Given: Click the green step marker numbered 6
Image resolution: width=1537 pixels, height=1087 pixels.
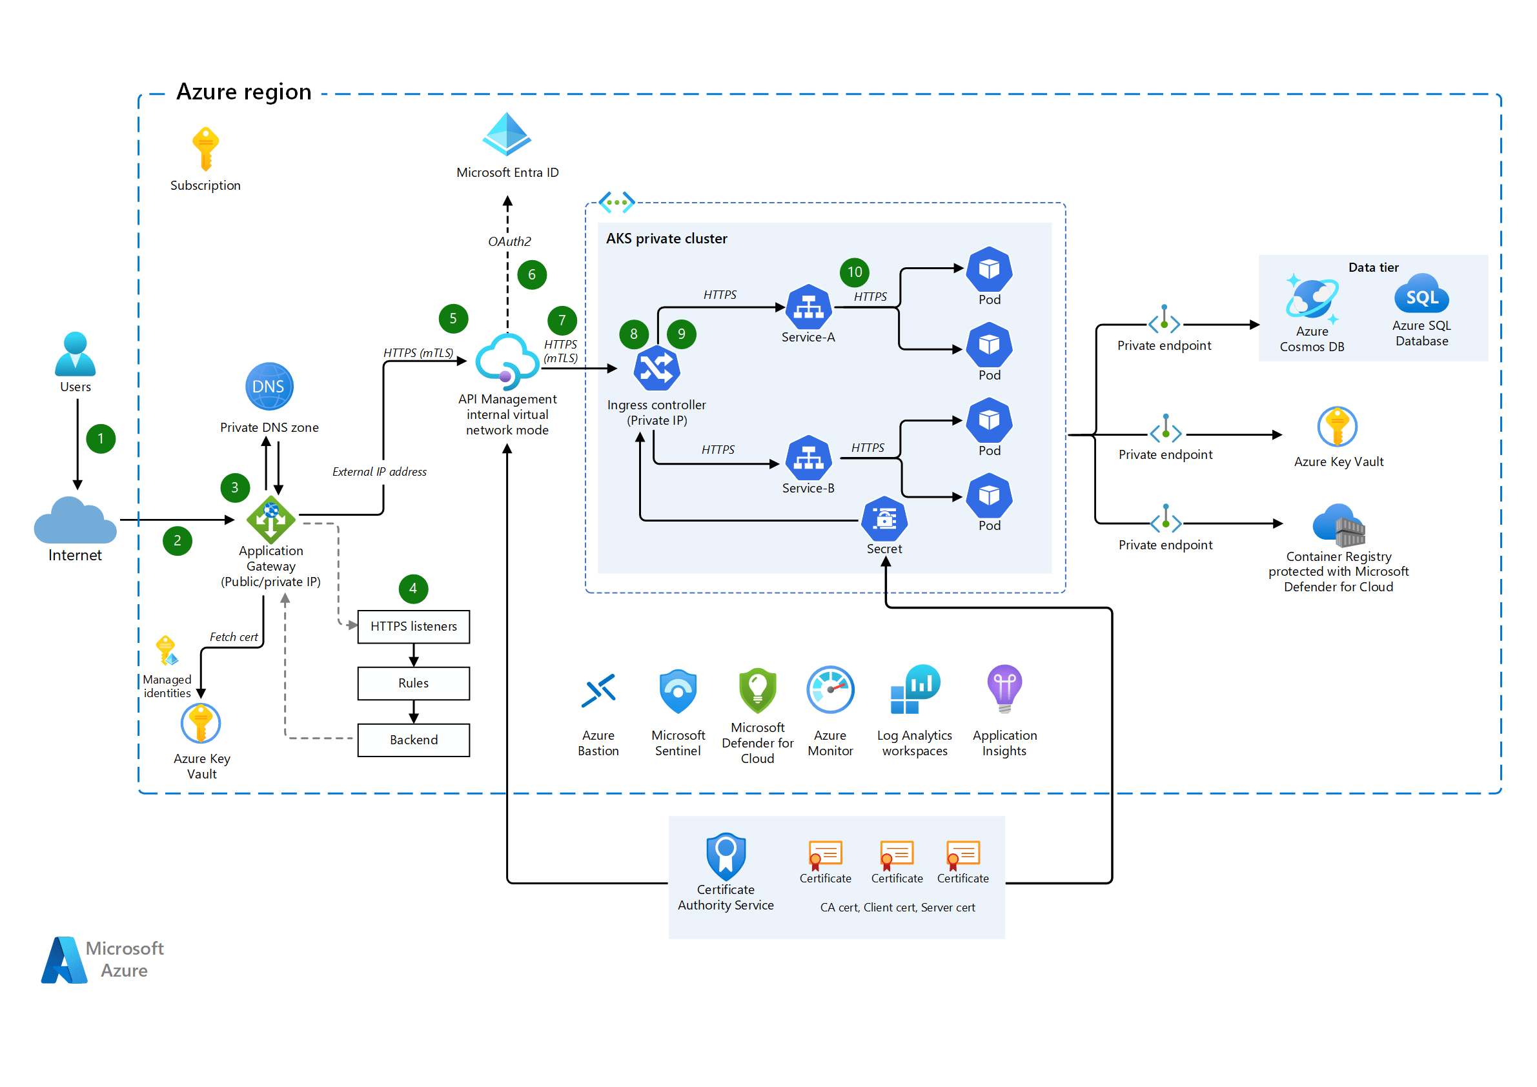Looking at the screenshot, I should pyautogui.click(x=531, y=274).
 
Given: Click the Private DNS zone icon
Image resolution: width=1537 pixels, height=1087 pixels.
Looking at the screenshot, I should pyautogui.click(x=269, y=386).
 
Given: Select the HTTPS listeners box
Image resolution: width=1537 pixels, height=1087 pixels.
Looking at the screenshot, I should pyautogui.click(x=414, y=627).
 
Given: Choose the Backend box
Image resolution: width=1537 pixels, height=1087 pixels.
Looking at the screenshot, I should pyautogui.click(x=414, y=740).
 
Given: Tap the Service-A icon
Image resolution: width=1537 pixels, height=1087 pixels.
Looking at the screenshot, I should pyautogui.click(x=809, y=307).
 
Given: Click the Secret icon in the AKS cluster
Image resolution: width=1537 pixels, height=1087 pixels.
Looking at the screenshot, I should pyautogui.click(x=884, y=519).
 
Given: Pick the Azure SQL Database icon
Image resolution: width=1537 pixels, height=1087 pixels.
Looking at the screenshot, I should pyautogui.click(x=1421, y=294).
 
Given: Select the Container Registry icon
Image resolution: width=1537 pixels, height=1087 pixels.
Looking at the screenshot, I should pyautogui.click(x=1338, y=525).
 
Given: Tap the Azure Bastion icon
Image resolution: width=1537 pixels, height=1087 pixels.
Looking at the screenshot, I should pyautogui.click(x=598, y=691).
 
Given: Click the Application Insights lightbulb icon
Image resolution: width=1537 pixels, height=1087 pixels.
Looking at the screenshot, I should pyautogui.click(x=1004, y=688).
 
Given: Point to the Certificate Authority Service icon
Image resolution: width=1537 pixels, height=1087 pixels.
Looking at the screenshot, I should pyautogui.click(x=726, y=856).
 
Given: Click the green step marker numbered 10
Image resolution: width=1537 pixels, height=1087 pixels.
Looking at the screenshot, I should pyautogui.click(x=854, y=272).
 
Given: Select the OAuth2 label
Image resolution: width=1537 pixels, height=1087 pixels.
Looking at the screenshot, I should pyautogui.click(x=509, y=241).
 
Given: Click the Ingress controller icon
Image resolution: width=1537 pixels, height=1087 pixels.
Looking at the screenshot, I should pyautogui.click(x=657, y=368).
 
